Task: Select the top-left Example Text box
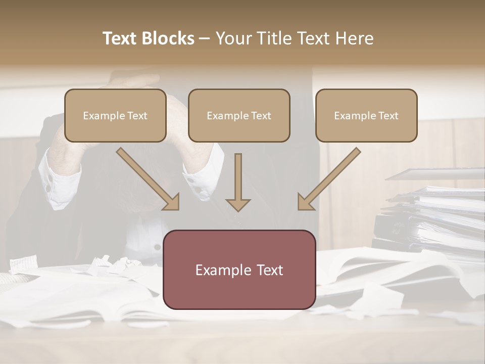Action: pyautogui.click(x=115, y=115)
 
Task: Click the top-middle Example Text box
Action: pyautogui.click(x=239, y=115)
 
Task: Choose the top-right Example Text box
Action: pyautogui.click(x=366, y=115)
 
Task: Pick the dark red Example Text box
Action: pyautogui.click(x=239, y=269)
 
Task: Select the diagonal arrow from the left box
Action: pyautogui.click(x=147, y=178)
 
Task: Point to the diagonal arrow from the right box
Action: pyautogui.click(x=329, y=178)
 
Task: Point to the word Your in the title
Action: pyautogui.click(x=232, y=38)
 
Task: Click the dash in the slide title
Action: pyautogui.click(x=205, y=38)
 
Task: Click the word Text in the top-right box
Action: pyautogui.click(x=388, y=116)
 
